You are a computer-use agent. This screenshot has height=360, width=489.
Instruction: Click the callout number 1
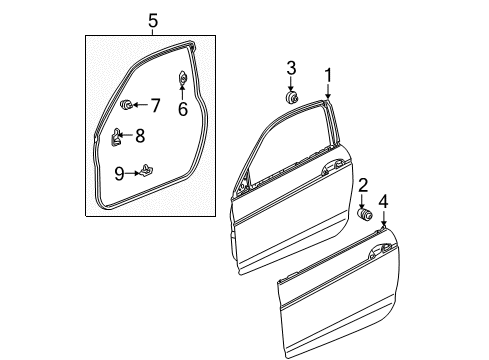pyautogui.click(x=328, y=75)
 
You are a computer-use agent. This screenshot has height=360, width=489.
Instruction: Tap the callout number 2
pyautogui.click(x=363, y=185)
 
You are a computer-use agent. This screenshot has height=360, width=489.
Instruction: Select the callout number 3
pyautogui.click(x=291, y=68)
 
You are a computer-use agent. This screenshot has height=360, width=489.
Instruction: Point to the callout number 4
pyautogui.click(x=384, y=202)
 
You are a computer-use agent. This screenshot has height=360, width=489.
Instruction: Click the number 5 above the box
pyautogui.click(x=153, y=21)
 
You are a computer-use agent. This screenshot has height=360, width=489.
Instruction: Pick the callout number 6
pyautogui.click(x=183, y=109)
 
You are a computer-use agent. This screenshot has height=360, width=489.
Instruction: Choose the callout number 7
pyautogui.click(x=155, y=105)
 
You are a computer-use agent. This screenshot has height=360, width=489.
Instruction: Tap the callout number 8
pyautogui.click(x=140, y=136)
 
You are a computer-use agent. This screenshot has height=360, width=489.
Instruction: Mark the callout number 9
pyautogui.click(x=119, y=174)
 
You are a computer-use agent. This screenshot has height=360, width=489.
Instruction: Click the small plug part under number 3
pyautogui.click(x=292, y=97)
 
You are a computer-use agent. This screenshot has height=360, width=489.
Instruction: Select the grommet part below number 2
pyautogui.click(x=365, y=214)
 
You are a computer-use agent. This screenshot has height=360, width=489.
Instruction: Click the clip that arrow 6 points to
pyautogui.click(x=182, y=78)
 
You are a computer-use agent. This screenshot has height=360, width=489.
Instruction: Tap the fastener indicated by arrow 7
pyautogui.click(x=126, y=104)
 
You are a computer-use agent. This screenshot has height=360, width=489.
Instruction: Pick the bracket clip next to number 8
pyautogui.click(x=115, y=137)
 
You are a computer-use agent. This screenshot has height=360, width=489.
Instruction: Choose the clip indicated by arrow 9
pyautogui.click(x=146, y=171)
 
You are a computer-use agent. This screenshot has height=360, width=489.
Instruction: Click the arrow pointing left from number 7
pyautogui.click(x=141, y=105)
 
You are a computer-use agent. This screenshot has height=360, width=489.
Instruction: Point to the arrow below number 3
pyautogui.click(x=291, y=84)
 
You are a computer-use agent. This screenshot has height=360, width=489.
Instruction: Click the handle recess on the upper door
pyautogui.click(x=332, y=167)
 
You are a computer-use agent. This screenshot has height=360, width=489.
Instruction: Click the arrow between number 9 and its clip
pyautogui.click(x=132, y=173)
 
